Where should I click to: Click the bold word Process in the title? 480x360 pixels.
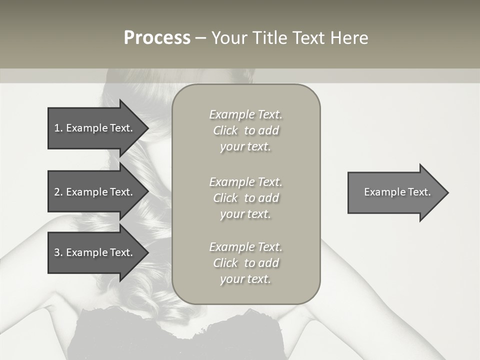157,38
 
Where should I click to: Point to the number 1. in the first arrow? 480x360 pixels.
58,128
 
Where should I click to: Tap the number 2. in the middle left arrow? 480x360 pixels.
58,192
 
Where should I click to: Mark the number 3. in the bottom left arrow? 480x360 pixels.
58,252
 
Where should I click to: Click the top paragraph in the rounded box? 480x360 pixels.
245,130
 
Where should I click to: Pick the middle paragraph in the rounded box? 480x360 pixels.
245,197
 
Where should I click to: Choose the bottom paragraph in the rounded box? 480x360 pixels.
245,263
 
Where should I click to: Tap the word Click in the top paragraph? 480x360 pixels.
225,130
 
